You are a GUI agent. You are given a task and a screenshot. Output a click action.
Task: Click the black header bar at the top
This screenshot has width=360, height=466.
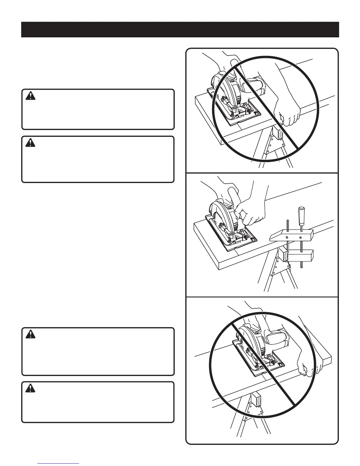coord(180,29)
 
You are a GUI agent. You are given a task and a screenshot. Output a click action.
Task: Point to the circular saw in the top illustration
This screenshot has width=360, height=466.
coord(232,94)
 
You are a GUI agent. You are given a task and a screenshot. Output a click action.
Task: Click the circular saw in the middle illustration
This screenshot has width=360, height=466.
coord(226,224)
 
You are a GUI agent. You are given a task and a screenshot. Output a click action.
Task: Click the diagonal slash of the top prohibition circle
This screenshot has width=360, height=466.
coord(265,106)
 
